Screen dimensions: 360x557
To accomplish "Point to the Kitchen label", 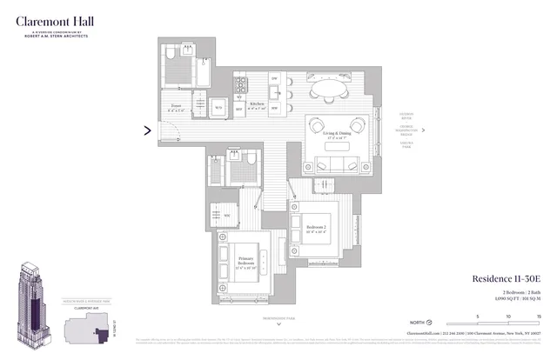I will pyautogui.click(x=258, y=104).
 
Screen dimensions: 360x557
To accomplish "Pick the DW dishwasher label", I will pyautogui.click(x=275, y=78).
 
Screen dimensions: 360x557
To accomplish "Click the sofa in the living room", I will pyautogui.click(x=334, y=165).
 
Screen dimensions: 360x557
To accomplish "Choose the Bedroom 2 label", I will pyautogui.click(x=316, y=228).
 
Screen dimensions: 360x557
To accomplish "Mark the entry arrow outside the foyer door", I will pyautogui.click(x=147, y=131).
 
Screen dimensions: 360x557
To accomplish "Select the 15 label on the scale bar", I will pyautogui.click(x=539, y=317).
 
